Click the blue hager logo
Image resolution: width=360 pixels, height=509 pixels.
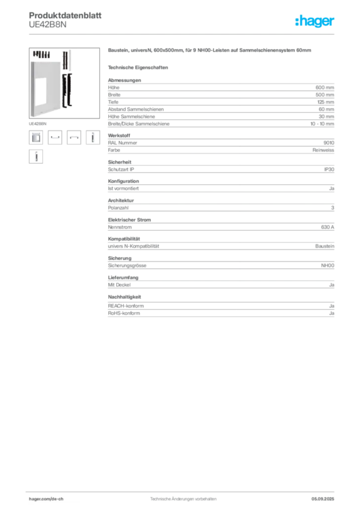(315, 21)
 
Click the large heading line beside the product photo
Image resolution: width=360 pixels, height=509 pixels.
(210, 52)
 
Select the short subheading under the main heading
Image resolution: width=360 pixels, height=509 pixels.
(139, 67)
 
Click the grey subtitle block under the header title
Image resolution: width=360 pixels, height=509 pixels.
(47, 24)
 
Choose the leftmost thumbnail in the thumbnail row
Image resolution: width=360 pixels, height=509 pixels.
(35, 137)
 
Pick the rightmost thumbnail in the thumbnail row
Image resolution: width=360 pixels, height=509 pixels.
(91, 137)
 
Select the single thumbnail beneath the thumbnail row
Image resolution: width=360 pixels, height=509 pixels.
(35, 157)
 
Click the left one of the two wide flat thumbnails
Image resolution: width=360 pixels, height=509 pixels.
(55, 138)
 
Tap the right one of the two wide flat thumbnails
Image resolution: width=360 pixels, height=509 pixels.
(74, 138)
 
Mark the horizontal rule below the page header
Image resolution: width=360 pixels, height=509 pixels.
(183, 34)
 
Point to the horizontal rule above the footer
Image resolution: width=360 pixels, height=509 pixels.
(183, 490)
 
